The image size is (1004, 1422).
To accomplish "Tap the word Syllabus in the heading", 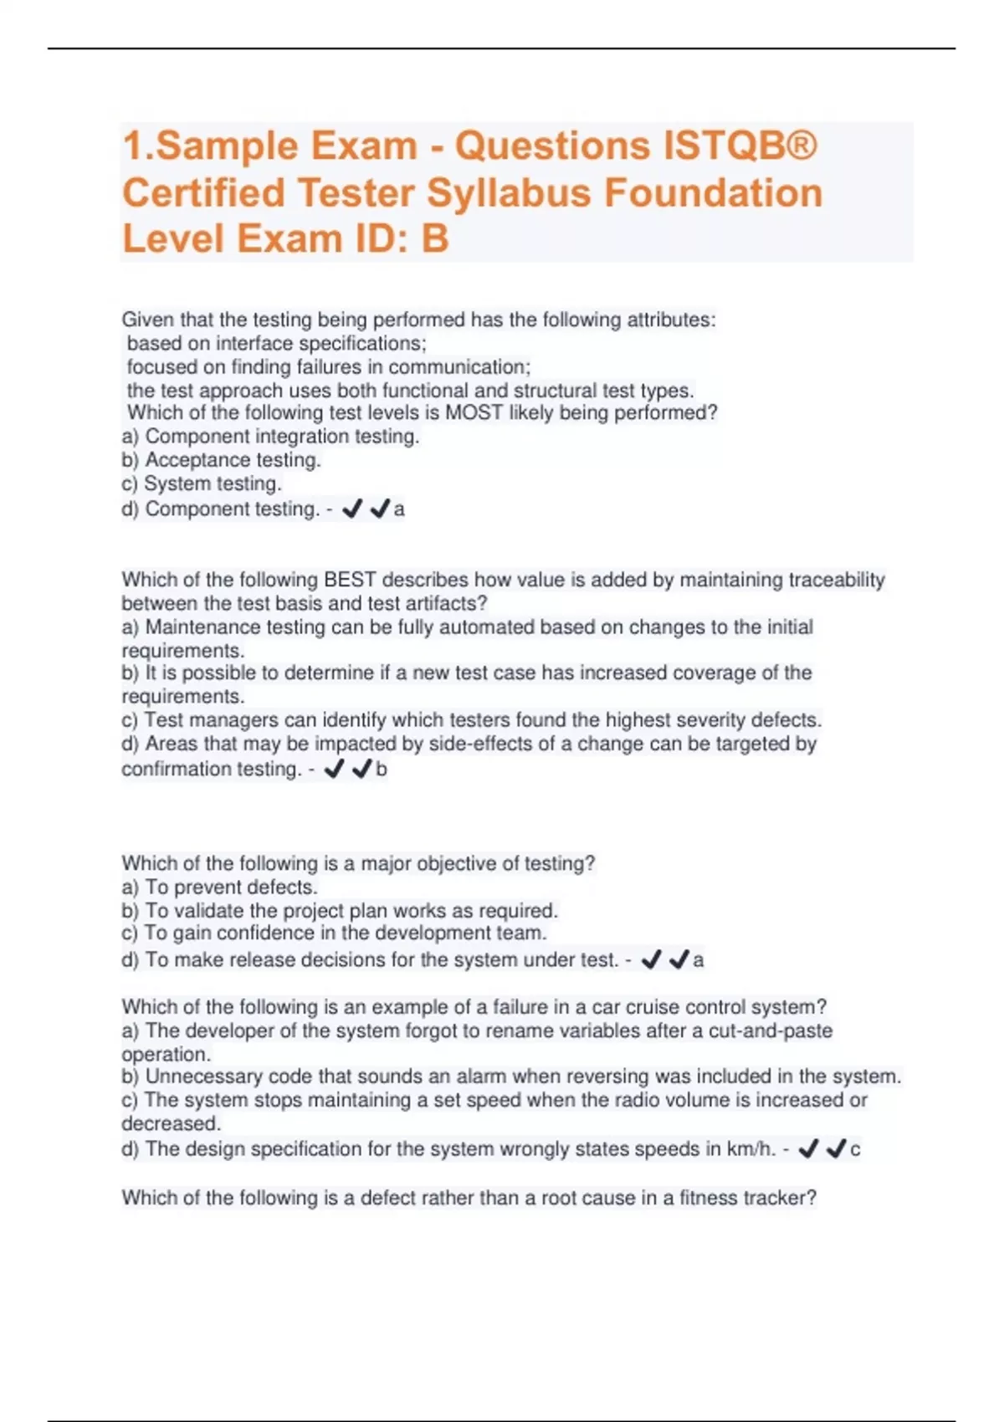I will (510, 192).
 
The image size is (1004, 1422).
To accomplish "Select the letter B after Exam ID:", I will (434, 238).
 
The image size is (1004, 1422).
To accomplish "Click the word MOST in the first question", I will (474, 412).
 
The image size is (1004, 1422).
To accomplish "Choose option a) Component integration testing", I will (270, 436).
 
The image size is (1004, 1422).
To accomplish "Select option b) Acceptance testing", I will (221, 460).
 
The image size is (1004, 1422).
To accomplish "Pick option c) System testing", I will (201, 483).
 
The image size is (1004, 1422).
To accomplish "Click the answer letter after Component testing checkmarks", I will (399, 509).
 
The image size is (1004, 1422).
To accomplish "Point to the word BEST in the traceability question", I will (350, 580).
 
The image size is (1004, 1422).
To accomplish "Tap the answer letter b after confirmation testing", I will (382, 770).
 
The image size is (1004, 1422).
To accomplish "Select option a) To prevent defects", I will (219, 887).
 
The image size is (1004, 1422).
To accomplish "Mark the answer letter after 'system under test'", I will (699, 960).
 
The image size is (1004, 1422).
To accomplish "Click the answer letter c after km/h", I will (855, 1149).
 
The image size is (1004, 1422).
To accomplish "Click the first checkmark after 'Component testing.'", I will (352, 509).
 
